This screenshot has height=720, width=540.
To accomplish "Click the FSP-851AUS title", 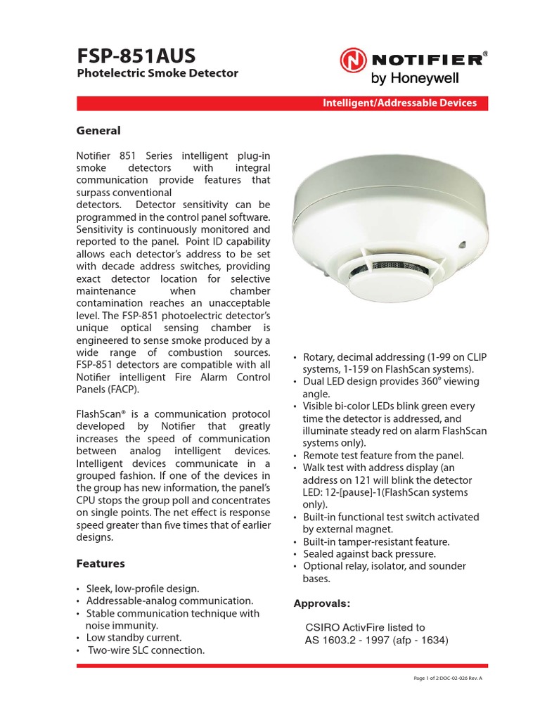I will pos(136,56).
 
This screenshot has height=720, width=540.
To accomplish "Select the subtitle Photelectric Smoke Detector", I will pos(157,73).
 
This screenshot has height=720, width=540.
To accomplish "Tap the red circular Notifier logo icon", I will pos(353,60).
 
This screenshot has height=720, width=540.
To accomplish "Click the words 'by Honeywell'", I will pos(425,77).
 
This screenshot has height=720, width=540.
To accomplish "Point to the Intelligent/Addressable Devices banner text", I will pos(399,103).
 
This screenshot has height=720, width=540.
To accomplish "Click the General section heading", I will pos(98,131).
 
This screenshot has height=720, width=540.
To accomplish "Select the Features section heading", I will pos(100,563).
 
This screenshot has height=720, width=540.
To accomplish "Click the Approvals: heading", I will pos(321,603).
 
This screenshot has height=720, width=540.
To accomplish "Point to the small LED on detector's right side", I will pos(463,245).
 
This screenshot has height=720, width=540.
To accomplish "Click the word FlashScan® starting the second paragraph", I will pos(103,413).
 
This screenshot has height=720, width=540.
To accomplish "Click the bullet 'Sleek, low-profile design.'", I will pos(143,589).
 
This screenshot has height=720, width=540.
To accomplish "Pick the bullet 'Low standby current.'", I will pos(134,638).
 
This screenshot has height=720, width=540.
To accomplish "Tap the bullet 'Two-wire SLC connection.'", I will pos(146,650).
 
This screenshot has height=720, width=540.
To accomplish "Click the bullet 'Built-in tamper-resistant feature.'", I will pos(376,541).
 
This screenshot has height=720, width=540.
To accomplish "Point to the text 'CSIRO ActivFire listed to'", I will pos(365,627).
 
